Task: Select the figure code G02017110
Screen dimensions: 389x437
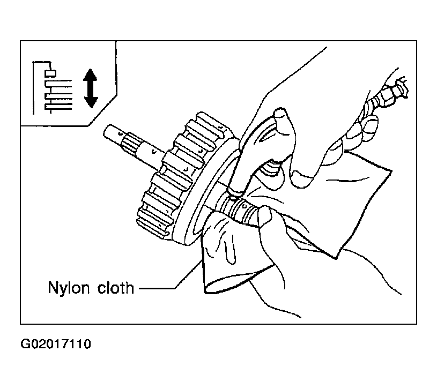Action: (x=56, y=343)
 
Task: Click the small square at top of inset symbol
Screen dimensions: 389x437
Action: (x=51, y=72)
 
